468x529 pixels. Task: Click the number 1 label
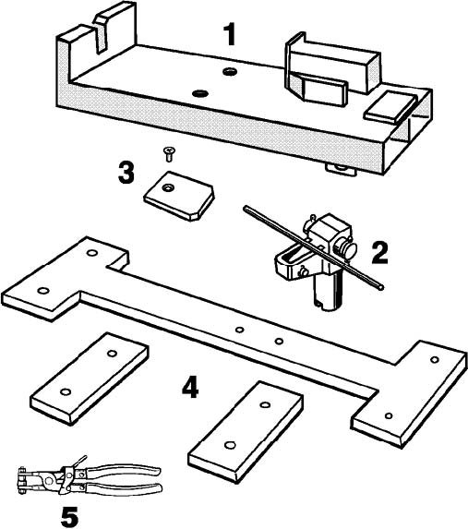tap(230, 35)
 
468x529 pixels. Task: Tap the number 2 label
tap(379, 253)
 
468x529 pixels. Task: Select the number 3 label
tap(126, 173)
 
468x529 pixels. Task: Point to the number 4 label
tap(190, 387)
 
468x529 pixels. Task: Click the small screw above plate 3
tap(168, 154)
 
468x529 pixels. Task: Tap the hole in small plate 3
tap(167, 187)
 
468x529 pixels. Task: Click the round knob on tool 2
tap(349, 250)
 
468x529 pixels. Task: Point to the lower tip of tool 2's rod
tap(381, 287)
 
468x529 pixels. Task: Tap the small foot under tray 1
tap(341, 169)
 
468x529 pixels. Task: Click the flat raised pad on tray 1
tap(390, 106)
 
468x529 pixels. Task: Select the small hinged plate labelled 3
tap(179, 196)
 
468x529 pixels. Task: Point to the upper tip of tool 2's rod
tap(246, 209)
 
